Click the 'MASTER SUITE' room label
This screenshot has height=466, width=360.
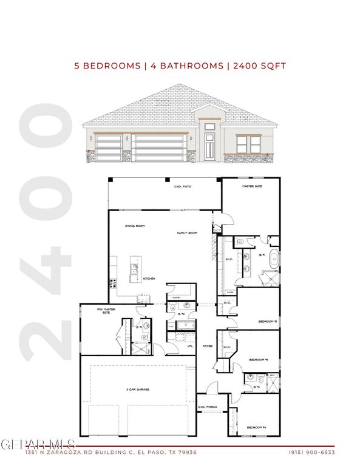click(x=252, y=186)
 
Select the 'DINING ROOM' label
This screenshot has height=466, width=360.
click(x=134, y=226)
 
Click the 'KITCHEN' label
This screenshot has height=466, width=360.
click(x=149, y=279)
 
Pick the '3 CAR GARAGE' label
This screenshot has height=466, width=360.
click(x=138, y=389)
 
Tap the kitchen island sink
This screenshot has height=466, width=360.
click(x=134, y=269)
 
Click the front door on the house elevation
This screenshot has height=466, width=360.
click(x=209, y=146)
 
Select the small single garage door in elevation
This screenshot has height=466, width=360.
click(x=109, y=147)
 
